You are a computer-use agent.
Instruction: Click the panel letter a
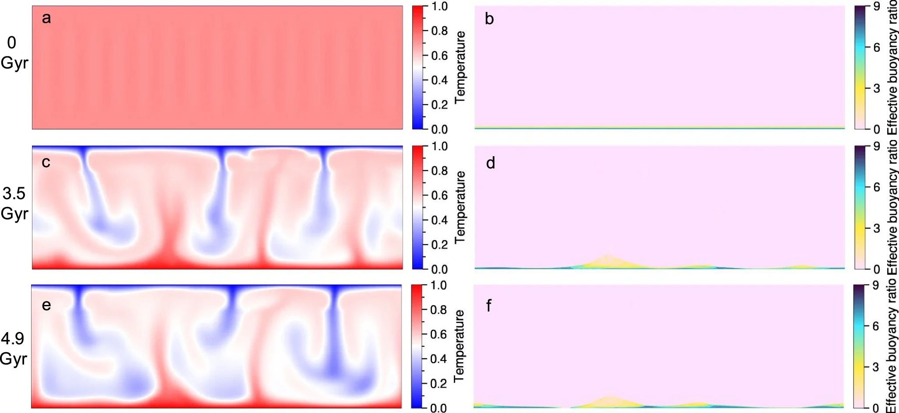pyautogui.click(x=46, y=18)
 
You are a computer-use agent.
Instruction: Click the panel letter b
pyautogui.click(x=489, y=19)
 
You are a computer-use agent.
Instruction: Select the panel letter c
pyautogui.click(x=46, y=162)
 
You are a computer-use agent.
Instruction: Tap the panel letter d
pyautogui.click(x=491, y=163)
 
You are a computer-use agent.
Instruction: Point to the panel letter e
pyautogui.click(x=46, y=305)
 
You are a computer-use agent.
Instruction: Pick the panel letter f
pyautogui.click(x=489, y=305)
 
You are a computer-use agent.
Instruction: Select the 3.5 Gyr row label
pyautogui.click(x=14, y=203)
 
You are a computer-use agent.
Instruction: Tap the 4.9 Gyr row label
pyautogui.click(x=13, y=348)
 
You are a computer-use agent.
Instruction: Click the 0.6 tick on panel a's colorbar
pyautogui.click(x=439, y=56)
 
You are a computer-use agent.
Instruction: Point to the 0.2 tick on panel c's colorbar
pyautogui.click(x=439, y=245)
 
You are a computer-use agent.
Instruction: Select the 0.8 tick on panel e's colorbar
pyautogui.click(x=438, y=310)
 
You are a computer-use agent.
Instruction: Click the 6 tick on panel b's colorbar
pyautogui.click(x=876, y=47)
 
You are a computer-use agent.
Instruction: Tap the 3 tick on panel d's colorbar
pyautogui.click(x=876, y=228)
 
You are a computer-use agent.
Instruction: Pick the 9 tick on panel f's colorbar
pyautogui.click(x=875, y=285)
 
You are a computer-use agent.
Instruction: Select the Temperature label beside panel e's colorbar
pyautogui.click(x=459, y=346)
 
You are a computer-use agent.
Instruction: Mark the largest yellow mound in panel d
pyautogui.click(x=608, y=262)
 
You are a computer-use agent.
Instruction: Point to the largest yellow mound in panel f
pyautogui.click(x=609, y=402)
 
